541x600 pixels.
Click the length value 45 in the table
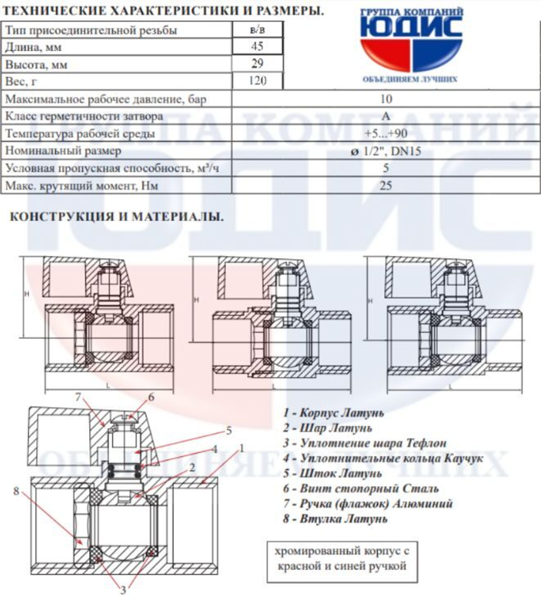pos(258,47)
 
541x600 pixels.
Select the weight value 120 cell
pos(258,81)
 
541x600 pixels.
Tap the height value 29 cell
pos(258,64)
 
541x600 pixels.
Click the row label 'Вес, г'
pos(20,81)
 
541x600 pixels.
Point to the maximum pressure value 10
pos(386,99)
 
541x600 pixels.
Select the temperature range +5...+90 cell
pos(386,134)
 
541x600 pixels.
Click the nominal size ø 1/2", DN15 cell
pos(386,151)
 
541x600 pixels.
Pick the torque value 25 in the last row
pos(386,186)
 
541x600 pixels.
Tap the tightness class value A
pos(386,116)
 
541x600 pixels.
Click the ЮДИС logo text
pos(412,27)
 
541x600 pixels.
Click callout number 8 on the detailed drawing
pos(16,491)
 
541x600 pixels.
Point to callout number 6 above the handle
pos(151,397)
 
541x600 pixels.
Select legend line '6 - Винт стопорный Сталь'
pos(360,489)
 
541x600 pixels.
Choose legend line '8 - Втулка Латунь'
pos(335,519)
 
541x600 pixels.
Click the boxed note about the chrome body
pos(340,559)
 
